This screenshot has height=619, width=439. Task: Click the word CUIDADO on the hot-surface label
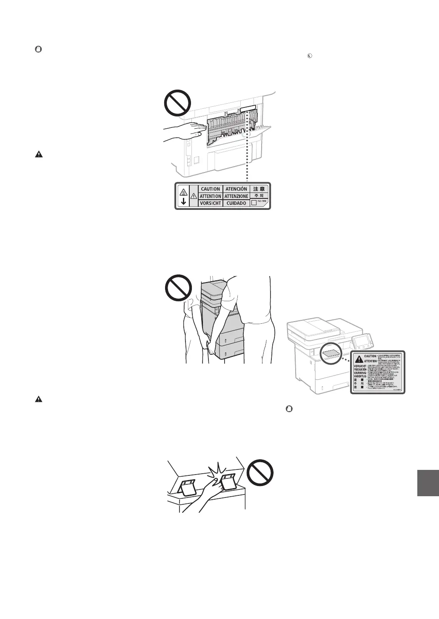(236, 203)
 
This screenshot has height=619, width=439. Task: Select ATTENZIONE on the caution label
(236, 196)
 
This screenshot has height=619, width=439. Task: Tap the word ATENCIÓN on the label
(236, 189)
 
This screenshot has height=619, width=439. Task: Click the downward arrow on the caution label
(183, 202)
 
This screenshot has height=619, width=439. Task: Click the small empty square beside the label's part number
(254, 203)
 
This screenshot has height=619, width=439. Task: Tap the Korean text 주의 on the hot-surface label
(259, 196)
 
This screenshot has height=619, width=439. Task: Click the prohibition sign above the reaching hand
(178, 102)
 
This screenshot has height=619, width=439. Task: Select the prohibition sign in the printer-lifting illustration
(178, 288)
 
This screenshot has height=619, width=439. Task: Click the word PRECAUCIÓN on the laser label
(362, 370)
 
